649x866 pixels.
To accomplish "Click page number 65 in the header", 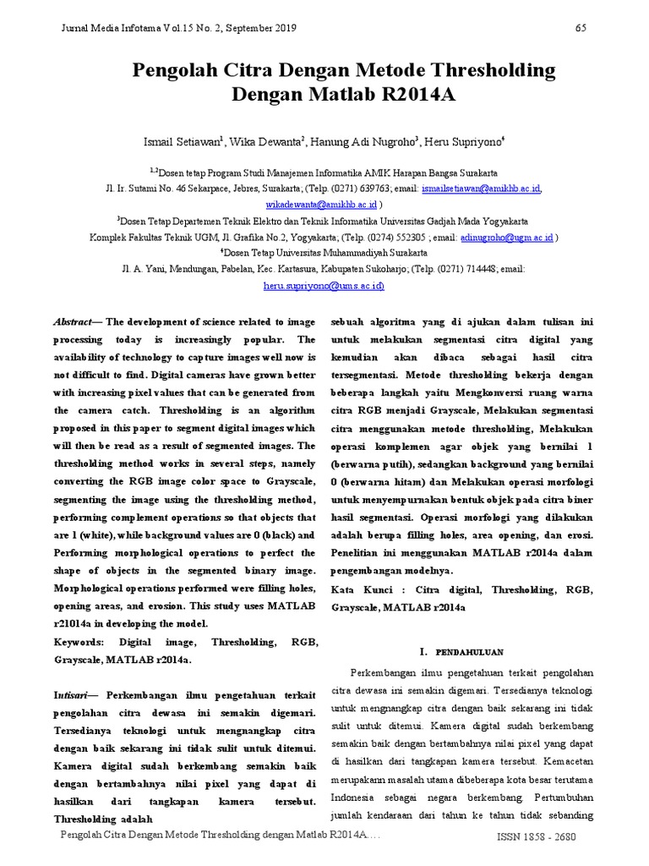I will [581, 28].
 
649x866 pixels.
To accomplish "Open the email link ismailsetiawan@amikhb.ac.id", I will [482, 188].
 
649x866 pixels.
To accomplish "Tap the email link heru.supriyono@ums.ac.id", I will [324, 286].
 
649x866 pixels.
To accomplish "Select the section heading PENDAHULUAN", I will [469, 653].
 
